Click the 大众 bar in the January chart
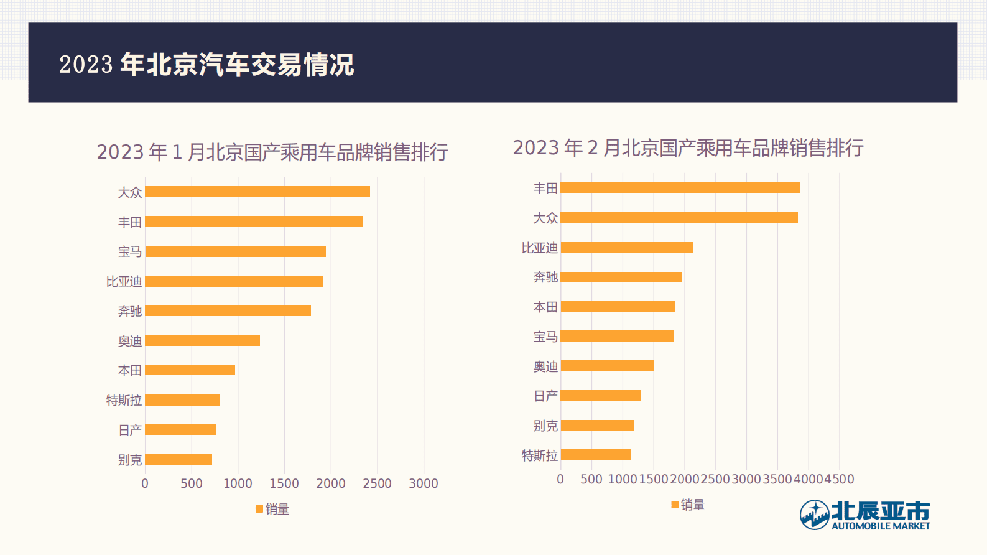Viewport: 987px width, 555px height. coord(257,192)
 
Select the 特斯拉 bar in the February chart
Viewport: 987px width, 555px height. coord(595,455)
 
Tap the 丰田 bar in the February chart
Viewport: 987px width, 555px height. coord(680,188)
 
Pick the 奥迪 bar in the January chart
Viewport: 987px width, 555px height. coord(202,340)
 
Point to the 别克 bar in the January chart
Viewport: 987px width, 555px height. coord(178,459)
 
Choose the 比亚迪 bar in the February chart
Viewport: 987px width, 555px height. coord(626,247)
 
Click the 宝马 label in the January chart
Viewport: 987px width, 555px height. coord(130,251)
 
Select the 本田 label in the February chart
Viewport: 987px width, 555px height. coord(545,307)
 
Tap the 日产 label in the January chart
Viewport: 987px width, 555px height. coord(130,430)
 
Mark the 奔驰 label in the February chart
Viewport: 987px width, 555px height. coord(545,277)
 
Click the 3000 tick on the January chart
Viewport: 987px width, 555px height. coord(424,483)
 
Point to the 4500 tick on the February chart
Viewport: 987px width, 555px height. coord(840,479)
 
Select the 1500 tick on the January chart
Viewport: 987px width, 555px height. coord(284,483)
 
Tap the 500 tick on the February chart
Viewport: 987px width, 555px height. coord(591,479)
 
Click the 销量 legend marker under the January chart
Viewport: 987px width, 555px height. coord(259,509)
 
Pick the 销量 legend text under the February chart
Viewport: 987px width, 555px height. coord(693,505)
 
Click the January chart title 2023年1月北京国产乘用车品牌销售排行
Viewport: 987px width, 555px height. coord(272,152)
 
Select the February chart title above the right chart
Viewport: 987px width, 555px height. coord(688,147)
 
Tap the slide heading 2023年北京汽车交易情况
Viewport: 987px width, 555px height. coord(206,64)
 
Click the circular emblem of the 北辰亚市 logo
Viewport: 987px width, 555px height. coord(814,515)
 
